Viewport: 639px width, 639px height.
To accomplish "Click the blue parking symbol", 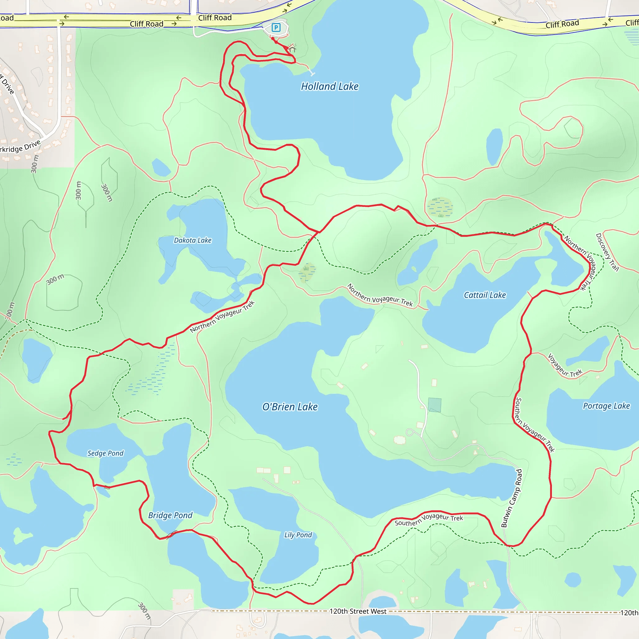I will click(276, 27).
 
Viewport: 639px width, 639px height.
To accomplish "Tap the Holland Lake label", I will click(329, 86).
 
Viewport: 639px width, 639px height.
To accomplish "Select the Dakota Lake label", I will click(193, 240).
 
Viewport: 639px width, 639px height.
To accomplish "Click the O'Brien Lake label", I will click(290, 407).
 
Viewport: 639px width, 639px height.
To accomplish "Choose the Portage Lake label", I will click(606, 406).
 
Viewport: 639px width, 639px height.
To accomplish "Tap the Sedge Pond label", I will click(105, 453).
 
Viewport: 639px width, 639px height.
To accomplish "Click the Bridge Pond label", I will click(170, 515).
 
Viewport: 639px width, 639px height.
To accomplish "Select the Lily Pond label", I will click(298, 535).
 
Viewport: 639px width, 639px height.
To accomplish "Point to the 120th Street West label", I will click(358, 611).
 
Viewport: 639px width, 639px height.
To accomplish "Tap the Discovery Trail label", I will click(607, 252).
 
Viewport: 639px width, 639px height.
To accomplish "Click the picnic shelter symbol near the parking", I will click(292, 49).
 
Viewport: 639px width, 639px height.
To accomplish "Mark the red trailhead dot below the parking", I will click(273, 39).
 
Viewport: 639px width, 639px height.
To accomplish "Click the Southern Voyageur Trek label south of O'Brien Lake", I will click(429, 519).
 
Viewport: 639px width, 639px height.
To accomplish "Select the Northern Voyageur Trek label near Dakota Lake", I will click(222, 316).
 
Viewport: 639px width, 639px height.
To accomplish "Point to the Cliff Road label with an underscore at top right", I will click(562, 24).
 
